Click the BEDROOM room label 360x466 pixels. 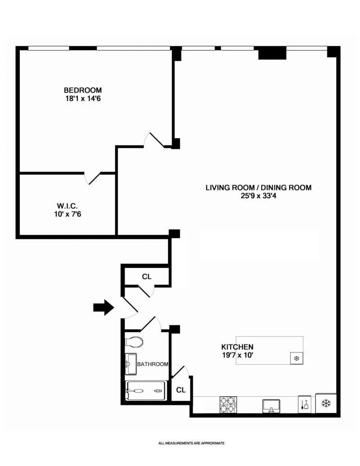(x=82, y=90)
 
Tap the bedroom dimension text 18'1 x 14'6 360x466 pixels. (x=82, y=98)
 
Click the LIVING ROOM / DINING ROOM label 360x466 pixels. (x=258, y=188)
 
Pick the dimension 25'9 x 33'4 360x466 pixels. (x=258, y=196)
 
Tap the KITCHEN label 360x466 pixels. (x=237, y=347)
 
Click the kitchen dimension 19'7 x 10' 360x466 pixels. (x=237, y=355)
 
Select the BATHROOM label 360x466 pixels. (x=153, y=364)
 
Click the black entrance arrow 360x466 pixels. (x=103, y=308)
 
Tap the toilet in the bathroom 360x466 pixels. (x=134, y=342)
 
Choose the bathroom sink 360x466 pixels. (x=130, y=364)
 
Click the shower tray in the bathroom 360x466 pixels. (x=145, y=390)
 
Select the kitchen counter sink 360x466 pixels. (x=271, y=406)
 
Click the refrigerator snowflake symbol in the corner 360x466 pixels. (x=326, y=403)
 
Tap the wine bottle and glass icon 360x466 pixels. (x=304, y=404)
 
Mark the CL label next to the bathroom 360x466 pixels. (x=181, y=390)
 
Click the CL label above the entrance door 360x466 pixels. (x=147, y=276)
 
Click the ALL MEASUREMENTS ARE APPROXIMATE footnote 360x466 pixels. (x=191, y=443)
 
